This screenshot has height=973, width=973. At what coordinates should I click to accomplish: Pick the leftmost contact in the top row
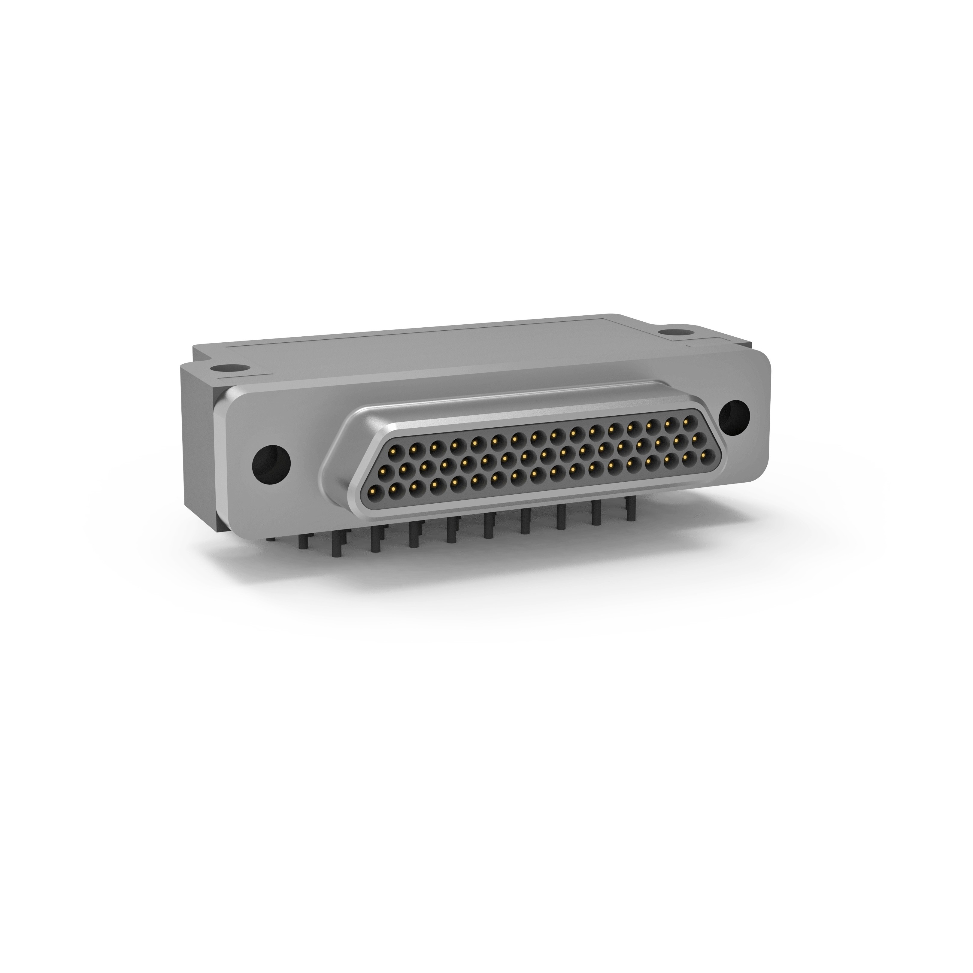[x=395, y=448]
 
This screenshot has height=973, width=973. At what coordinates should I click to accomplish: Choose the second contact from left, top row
[x=414, y=447]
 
